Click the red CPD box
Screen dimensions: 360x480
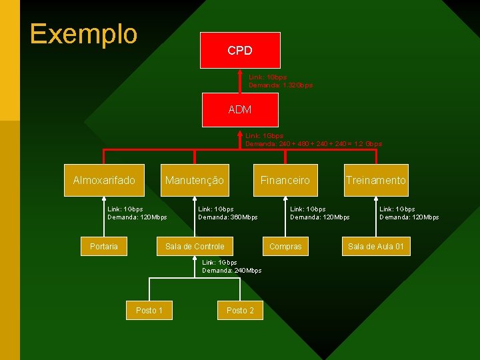coord(240,50)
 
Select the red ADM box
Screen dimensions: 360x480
coord(240,109)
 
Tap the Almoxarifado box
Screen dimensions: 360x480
coord(104,180)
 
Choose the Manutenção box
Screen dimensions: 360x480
coord(195,180)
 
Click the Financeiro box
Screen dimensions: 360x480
coord(285,180)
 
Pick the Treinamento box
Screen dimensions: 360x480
coord(375,180)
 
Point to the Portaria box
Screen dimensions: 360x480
coord(104,247)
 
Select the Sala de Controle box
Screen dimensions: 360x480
coord(195,247)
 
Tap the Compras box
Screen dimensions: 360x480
coord(285,247)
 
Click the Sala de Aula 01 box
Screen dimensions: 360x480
coord(376,247)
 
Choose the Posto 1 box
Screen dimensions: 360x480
coord(149,310)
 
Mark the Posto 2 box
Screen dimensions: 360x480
coord(240,310)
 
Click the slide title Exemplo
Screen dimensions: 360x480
coord(83,34)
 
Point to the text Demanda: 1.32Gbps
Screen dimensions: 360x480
coord(281,85)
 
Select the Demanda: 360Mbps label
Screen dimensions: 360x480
coord(228,217)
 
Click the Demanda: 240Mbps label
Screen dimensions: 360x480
coord(232,270)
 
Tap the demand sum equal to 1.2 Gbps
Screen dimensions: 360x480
coord(313,144)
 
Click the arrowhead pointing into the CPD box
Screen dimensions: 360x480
coord(240,71)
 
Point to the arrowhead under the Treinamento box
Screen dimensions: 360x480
coord(376,199)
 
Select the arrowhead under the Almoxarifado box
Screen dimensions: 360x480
coord(104,199)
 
